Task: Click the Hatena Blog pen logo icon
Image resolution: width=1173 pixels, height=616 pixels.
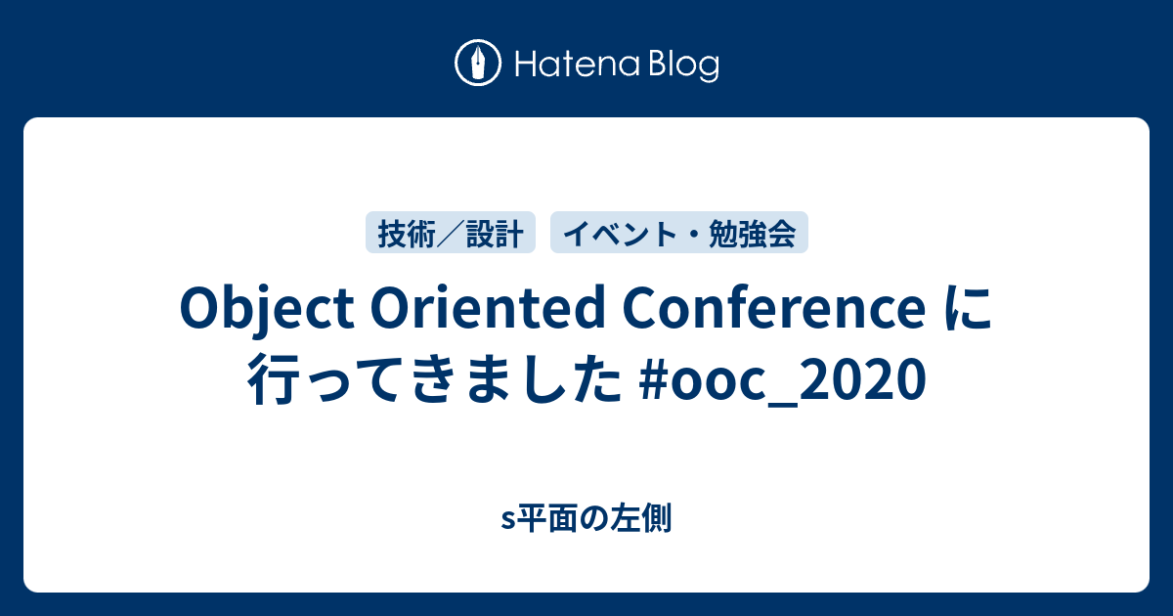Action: pyautogui.click(x=479, y=64)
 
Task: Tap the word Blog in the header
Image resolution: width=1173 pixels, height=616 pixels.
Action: pyautogui.click(x=683, y=66)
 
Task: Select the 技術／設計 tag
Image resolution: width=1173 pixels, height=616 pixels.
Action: pyautogui.click(x=451, y=233)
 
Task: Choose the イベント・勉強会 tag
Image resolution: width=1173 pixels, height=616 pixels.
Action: pyautogui.click(x=679, y=233)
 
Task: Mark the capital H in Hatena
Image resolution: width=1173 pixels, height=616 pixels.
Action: pyautogui.click(x=523, y=65)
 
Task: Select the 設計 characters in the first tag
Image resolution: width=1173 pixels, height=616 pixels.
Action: pyautogui.click(x=495, y=233)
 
